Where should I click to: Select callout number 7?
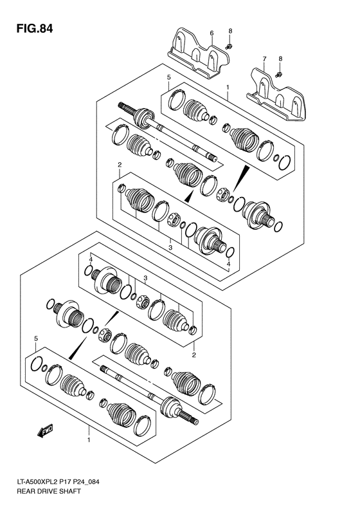[264, 60]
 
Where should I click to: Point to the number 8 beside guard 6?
[230, 32]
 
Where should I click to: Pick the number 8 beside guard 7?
[280, 59]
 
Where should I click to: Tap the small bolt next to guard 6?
[229, 46]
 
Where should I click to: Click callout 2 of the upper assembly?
[120, 165]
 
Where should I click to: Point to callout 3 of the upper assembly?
[170, 246]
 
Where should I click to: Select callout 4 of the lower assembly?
[91, 259]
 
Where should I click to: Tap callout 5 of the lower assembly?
[37, 338]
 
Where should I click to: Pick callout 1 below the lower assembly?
[89, 440]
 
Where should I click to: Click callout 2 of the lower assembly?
[194, 353]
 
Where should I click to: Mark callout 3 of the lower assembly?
[145, 277]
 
